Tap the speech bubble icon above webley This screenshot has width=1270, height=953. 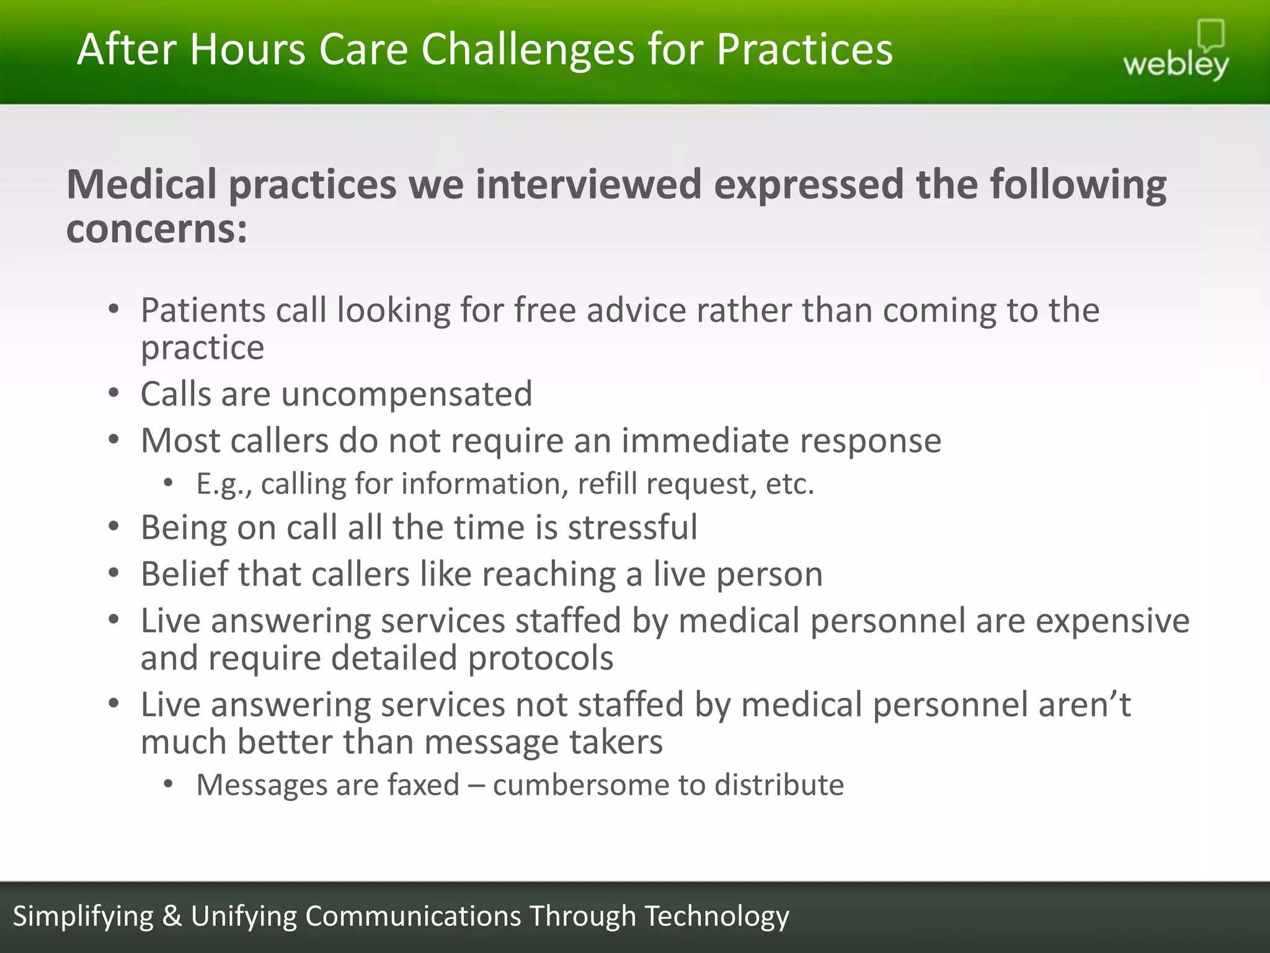tap(1210, 35)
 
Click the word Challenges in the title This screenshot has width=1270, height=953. tap(528, 50)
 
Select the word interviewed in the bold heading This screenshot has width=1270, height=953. tap(588, 185)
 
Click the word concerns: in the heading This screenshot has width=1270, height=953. tap(157, 230)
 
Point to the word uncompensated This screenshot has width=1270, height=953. tap(406, 394)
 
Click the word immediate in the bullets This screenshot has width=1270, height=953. tap(705, 441)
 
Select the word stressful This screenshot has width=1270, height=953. tap(633, 527)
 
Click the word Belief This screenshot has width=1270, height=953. tap(184, 574)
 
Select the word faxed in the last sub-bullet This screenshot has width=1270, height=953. tap(424, 785)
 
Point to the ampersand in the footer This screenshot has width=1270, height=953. tap(172, 916)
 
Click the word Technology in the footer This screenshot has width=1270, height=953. tap(717, 916)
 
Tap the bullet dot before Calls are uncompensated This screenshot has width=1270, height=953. tap(113, 393)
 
